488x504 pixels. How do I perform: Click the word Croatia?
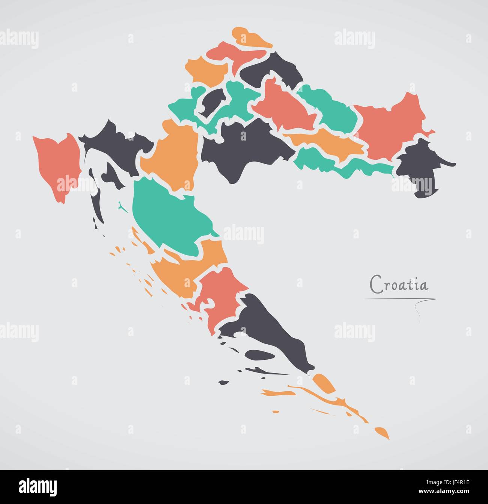pos(399,284)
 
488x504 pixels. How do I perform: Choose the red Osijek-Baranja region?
pos(390,124)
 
